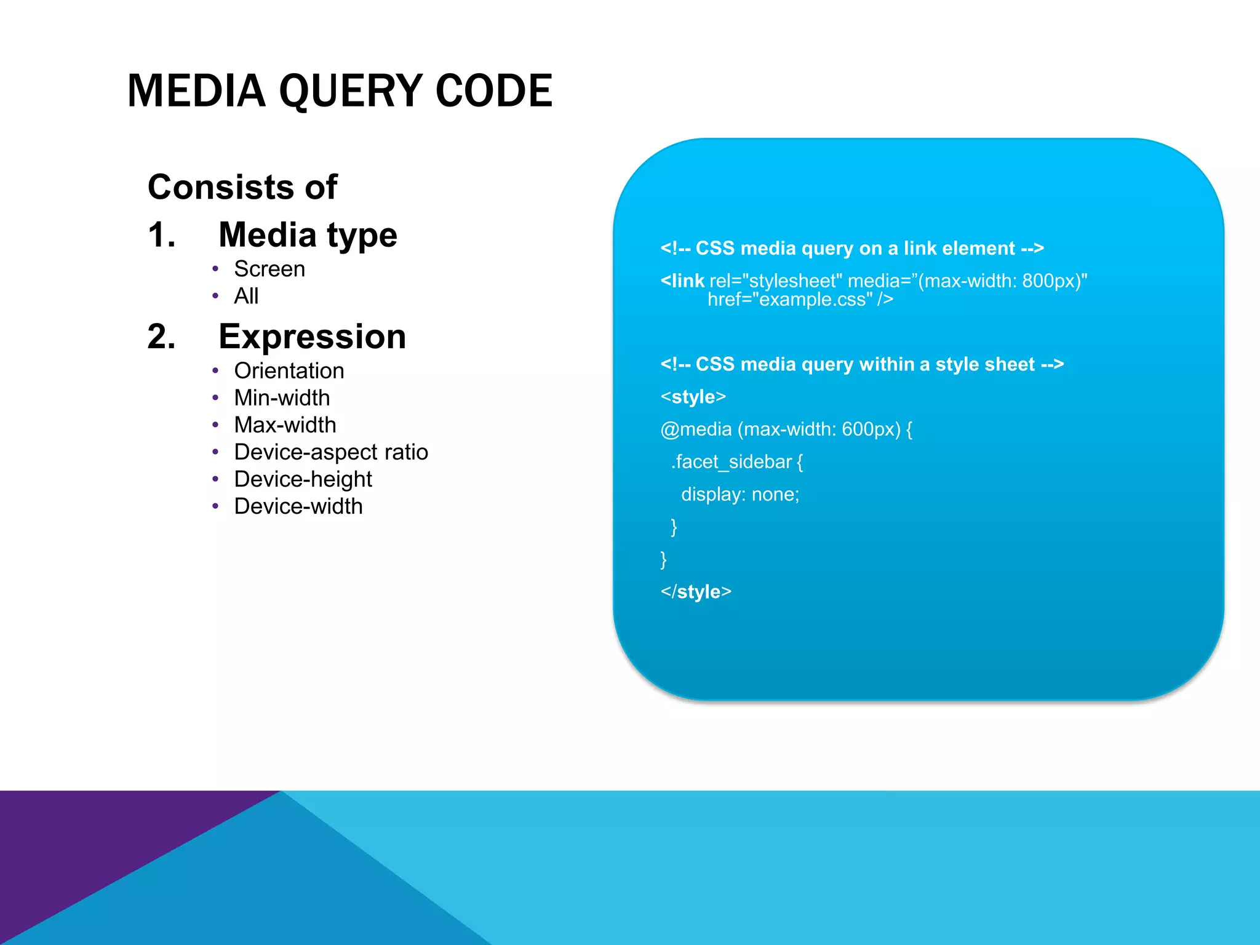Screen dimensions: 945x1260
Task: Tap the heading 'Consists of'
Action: (242, 187)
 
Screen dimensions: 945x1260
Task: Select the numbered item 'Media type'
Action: (308, 235)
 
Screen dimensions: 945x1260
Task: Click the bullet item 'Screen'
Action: (269, 269)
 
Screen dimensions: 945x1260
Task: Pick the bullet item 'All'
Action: (246, 296)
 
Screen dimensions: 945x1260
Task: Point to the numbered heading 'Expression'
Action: (312, 337)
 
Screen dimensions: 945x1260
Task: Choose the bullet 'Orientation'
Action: (289, 370)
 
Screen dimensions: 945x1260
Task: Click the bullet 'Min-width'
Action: (282, 397)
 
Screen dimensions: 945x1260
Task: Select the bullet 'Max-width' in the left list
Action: (285, 425)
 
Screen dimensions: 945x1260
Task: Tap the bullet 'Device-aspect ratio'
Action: (331, 452)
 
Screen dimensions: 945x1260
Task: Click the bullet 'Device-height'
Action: (303, 479)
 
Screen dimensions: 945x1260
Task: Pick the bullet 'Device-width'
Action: (298, 506)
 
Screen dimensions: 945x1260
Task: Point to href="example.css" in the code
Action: (791, 300)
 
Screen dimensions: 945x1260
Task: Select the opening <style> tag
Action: (693, 397)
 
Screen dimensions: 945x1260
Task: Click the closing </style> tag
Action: (696, 591)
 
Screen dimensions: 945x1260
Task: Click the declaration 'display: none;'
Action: (740, 494)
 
